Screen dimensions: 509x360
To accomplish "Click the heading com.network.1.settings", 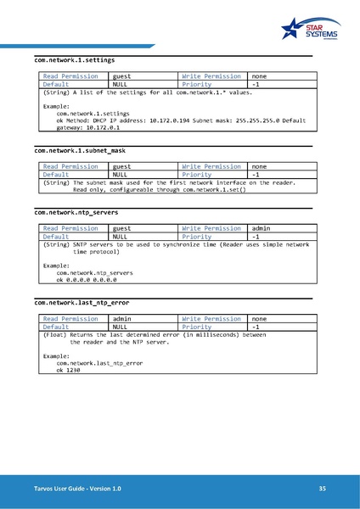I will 74,60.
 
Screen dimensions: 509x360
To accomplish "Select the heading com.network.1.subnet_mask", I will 80,150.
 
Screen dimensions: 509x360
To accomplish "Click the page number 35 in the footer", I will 322,489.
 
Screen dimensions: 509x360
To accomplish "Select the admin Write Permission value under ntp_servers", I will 262,228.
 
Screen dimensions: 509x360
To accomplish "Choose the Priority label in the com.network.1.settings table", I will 197,85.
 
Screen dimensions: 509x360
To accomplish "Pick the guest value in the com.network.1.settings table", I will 122,76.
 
